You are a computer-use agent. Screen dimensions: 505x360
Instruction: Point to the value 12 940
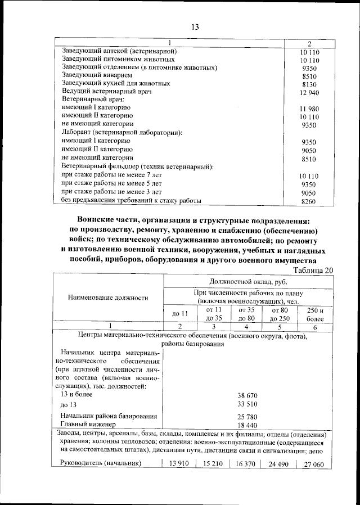309,92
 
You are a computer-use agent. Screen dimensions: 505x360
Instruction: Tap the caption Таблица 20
309,270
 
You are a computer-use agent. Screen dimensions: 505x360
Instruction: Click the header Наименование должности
108,297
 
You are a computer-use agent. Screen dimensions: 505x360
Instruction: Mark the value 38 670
247,396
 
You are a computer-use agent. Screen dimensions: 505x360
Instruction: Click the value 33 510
247,404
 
